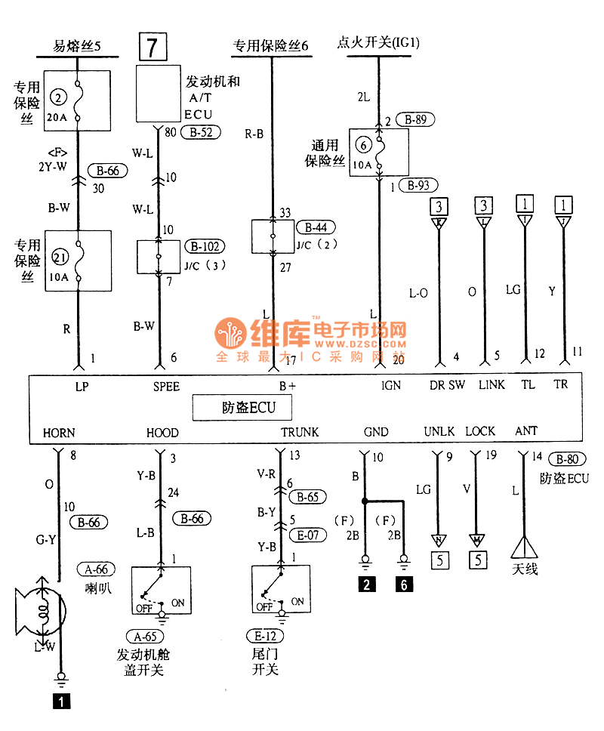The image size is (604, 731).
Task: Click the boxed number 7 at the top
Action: (x=153, y=47)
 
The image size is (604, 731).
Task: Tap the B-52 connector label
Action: (x=198, y=131)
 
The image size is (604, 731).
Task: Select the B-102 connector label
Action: (x=207, y=246)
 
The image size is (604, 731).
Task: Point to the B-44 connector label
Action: (x=316, y=227)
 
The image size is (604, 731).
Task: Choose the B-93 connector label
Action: (x=421, y=185)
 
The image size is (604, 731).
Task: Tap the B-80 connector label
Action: (x=568, y=458)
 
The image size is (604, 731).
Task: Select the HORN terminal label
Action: (x=59, y=433)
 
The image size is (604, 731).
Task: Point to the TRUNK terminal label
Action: (x=300, y=433)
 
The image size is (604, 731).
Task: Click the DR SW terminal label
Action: (x=447, y=385)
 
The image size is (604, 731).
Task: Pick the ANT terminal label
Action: (x=526, y=431)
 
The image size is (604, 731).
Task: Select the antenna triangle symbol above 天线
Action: (x=525, y=546)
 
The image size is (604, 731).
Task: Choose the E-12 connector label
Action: (x=263, y=635)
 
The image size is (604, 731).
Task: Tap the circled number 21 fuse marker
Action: (x=60, y=257)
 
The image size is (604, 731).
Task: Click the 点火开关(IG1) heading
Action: (x=378, y=43)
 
